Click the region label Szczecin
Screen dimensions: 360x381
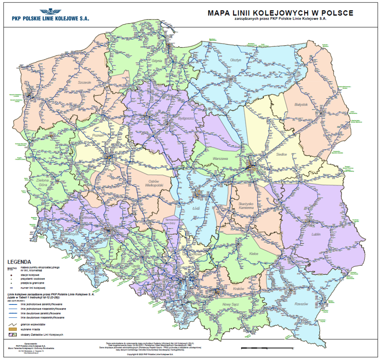(x=85, y=82)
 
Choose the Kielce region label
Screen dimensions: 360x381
(x=253, y=254)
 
